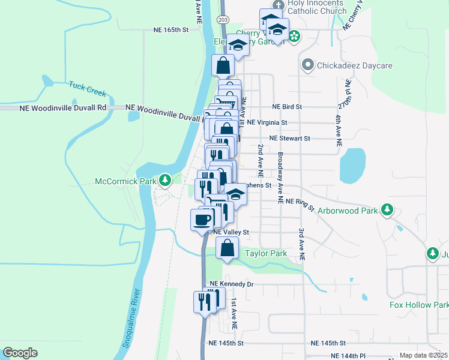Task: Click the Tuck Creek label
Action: click(87, 89)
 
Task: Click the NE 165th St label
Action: click(171, 29)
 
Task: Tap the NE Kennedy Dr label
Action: click(232, 284)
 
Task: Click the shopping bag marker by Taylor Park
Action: click(227, 248)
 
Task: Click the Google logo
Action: click(20, 352)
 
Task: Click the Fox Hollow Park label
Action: click(419, 305)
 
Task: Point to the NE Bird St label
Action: click(287, 106)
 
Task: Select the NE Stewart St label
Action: click(289, 138)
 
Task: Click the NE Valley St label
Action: click(231, 232)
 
